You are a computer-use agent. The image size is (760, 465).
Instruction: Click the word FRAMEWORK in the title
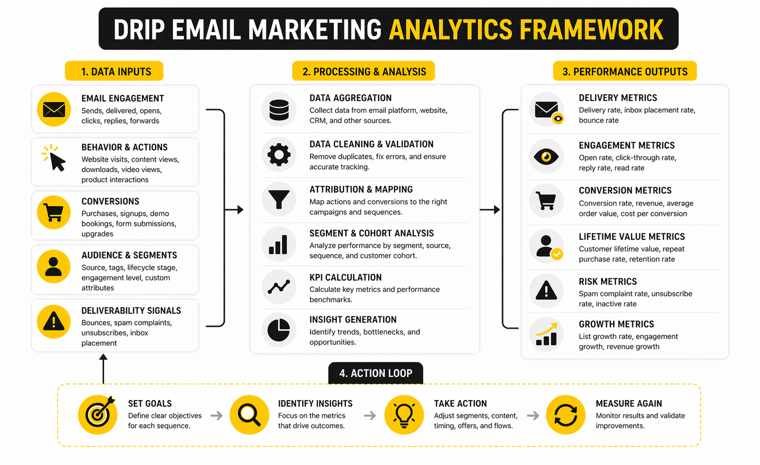point(591,29)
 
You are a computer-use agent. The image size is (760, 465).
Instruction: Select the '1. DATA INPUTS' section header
point(114,71)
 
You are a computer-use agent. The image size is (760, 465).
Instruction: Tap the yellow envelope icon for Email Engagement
point(54,109)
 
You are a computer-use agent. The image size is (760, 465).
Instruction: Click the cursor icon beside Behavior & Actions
point(54,158)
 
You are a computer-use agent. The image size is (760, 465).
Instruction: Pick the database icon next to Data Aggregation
point(279,109)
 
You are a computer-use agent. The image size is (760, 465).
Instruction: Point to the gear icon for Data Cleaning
point(279,155)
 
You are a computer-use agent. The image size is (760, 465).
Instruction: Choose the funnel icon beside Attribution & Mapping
point(279,199)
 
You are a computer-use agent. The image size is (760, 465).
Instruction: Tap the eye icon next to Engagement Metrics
point(546,156)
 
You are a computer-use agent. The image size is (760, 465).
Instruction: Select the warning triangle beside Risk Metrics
point(546,290)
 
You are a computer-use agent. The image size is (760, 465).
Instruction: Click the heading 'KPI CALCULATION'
point(345,277)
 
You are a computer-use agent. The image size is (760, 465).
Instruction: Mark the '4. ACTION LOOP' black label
point(376,373)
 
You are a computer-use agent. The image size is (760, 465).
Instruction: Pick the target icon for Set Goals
point(98,415)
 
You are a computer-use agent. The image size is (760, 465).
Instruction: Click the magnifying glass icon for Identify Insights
point(249,415)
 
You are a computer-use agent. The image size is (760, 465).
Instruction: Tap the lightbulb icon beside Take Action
point(404,415)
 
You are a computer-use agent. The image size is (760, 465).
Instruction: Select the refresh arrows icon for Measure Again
point(566,415)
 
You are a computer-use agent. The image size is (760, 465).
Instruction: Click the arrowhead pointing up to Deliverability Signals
point(103,357)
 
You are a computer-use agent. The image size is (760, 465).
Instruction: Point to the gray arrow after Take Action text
point(533,415)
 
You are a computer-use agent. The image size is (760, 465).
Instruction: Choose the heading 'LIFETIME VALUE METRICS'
point(632,237)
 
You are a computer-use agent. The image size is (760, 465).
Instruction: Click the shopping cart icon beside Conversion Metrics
point(546,201)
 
